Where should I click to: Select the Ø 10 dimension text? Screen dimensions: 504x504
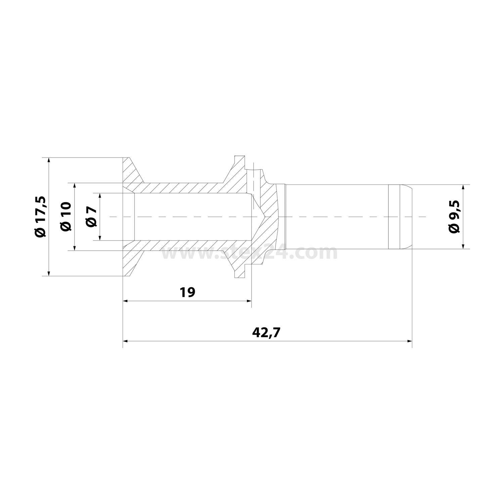(x=66, y=217)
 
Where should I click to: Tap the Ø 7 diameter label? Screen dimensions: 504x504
(x=91, y=217)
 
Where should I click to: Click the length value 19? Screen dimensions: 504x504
(x=187, y=292)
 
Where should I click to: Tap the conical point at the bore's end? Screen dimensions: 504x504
(x=265, y=217)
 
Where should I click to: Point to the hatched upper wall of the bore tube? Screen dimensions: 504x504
(x=185, y=188)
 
